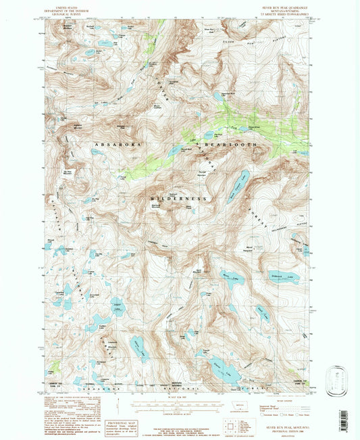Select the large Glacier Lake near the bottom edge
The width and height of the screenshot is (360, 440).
pos(222,369)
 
